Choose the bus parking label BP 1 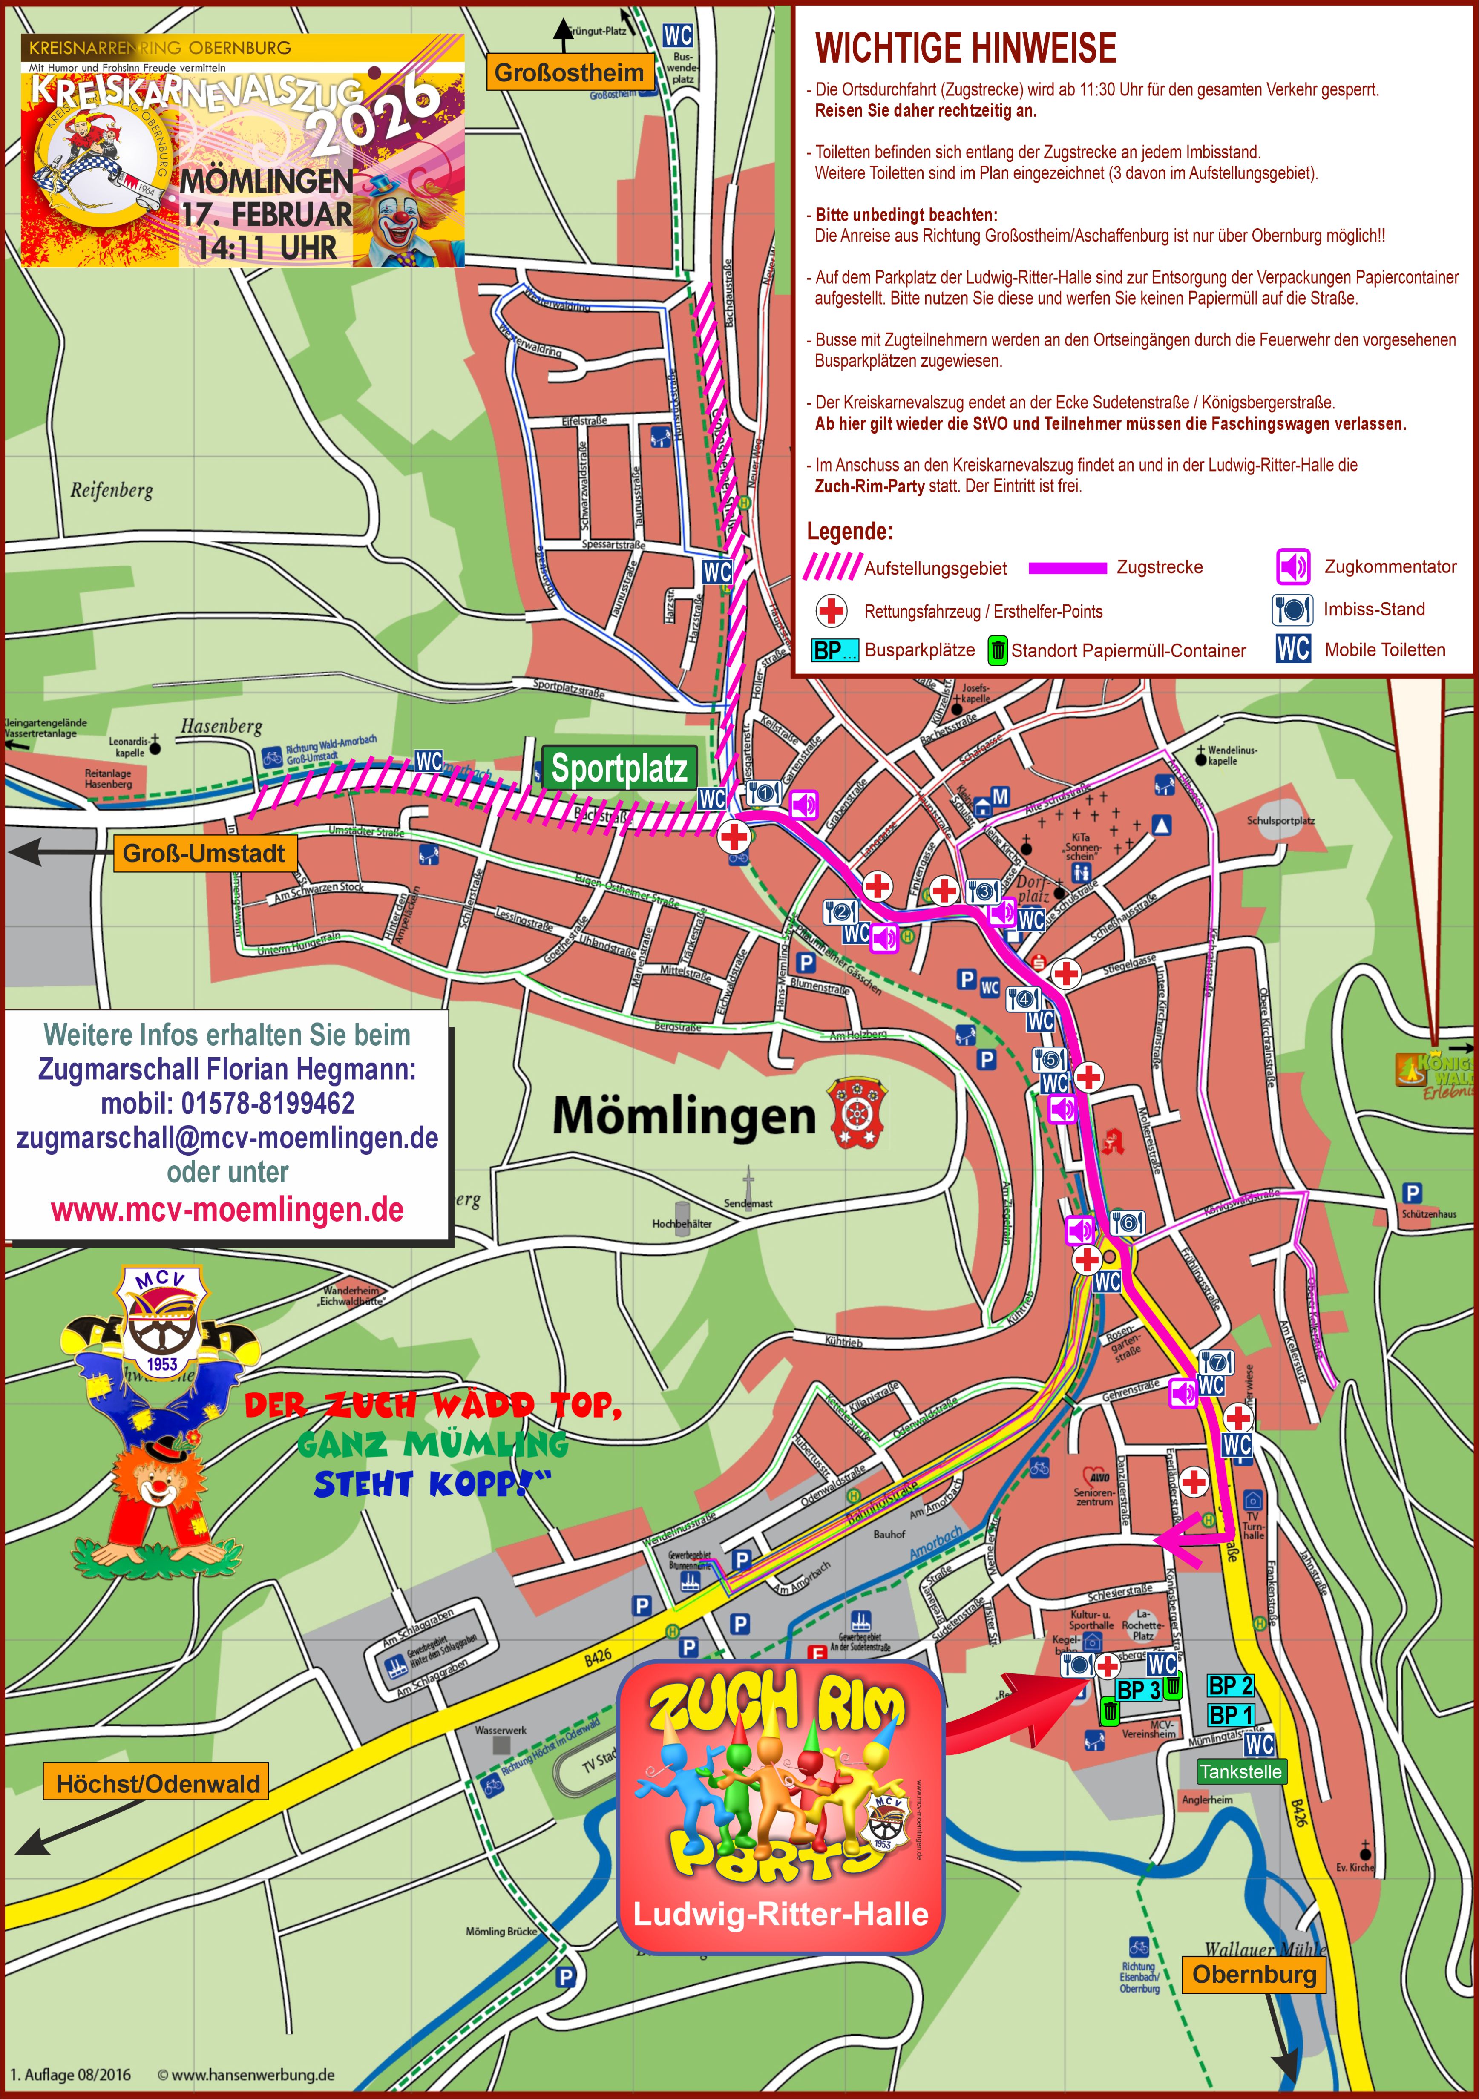tap(1230, 1715)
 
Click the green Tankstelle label tap(1240, 1772)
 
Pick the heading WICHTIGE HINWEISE tap(965, 48)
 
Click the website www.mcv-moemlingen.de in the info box tap(227, 1210)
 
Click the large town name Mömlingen tap(684, 1116)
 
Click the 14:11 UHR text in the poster tap(267, 248)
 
